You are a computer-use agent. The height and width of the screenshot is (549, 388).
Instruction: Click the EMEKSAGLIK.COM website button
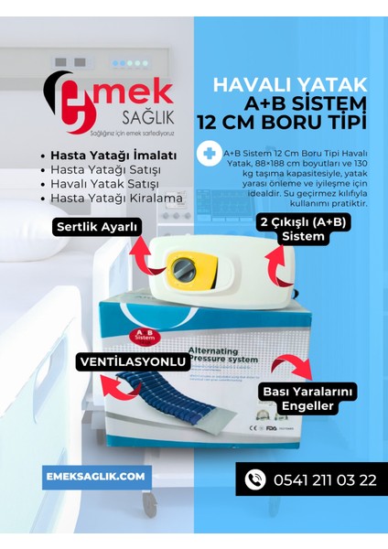coord(96,477)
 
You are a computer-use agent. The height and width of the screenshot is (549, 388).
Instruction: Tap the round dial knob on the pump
coord(178,269)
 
